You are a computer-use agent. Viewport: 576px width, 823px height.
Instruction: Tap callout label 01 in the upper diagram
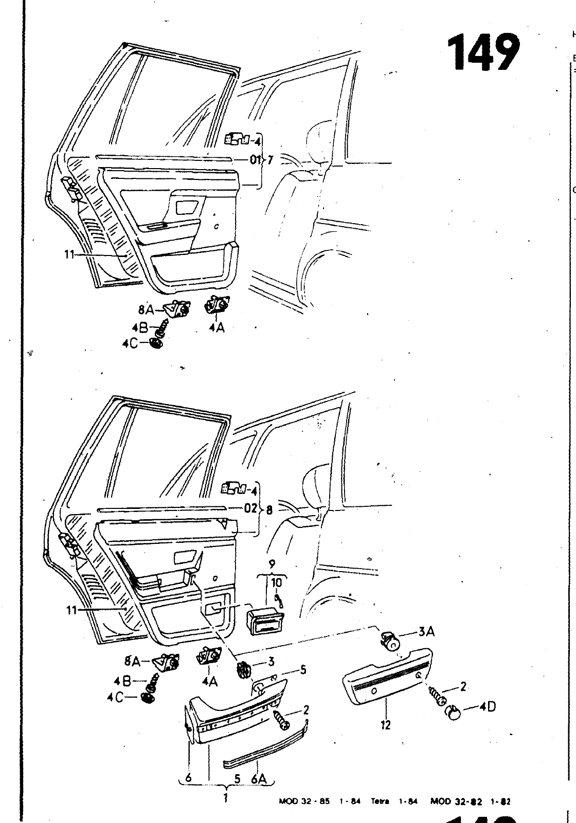pos(255,159)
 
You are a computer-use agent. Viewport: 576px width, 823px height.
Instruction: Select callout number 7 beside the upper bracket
pos(270,159)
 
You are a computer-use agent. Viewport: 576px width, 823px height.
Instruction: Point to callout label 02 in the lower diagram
pos(250,509)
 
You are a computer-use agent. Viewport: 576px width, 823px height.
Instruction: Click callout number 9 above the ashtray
pos(272,565)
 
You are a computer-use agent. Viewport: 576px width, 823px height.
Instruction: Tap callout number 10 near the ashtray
pos(277,582)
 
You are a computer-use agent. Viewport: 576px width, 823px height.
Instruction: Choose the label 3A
pos(426,632)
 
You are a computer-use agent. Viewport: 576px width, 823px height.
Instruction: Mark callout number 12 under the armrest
pos(386,725)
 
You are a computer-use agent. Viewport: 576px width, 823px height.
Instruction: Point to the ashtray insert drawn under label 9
pos(266,620)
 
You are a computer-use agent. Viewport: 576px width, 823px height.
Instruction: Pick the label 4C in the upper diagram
pos(130,343)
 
